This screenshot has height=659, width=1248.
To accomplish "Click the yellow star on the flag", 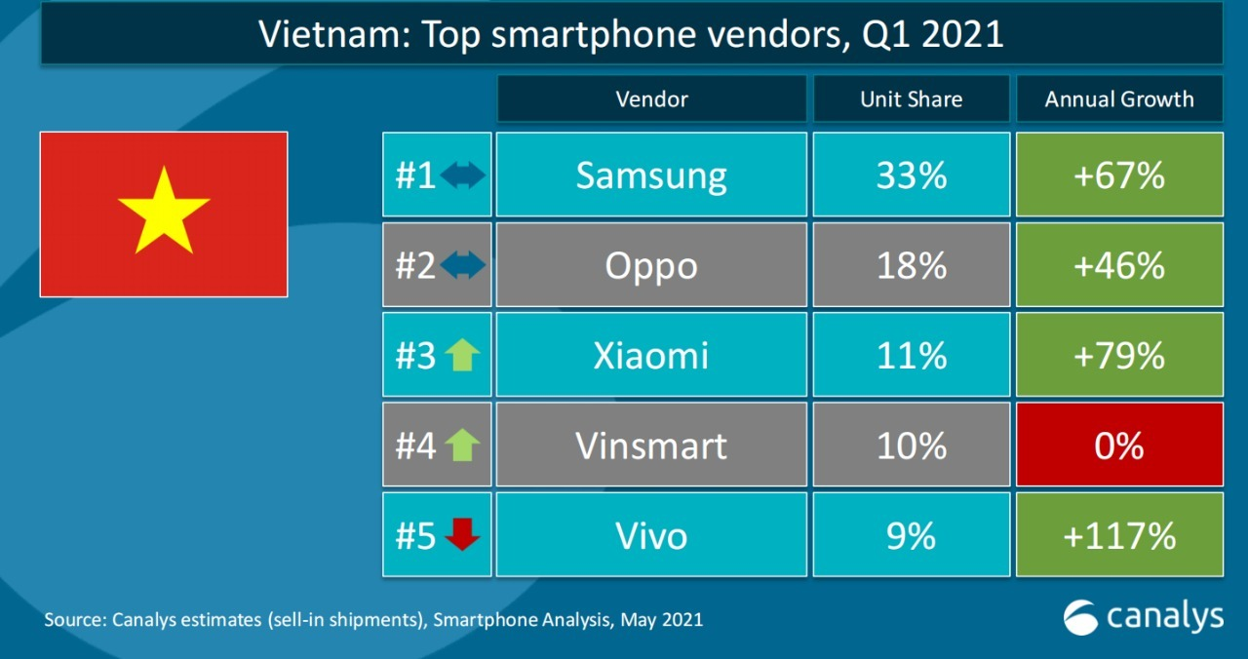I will [x=164, y=210].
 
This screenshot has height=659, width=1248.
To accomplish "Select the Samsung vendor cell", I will [x=651, y=175].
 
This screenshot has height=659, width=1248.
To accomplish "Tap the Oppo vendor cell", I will [x=651, y=265].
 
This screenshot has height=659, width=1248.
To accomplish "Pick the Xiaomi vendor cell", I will [x=651, y=355].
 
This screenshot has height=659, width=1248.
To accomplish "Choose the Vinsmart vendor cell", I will [x=651, y=446].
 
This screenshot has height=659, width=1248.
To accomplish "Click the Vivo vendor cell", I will [x=651, y=535].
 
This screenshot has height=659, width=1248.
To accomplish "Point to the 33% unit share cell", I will [x=912, y=175].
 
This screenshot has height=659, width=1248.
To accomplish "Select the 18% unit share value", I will [x=912, y=265].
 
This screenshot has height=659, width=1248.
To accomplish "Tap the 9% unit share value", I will [x=912, y=535].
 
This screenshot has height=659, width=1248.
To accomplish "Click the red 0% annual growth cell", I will [x=1119, y=446].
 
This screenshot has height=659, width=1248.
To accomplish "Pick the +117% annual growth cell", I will [x=1119, y=535].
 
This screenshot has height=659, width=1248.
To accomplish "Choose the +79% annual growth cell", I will [x=1119, y=355].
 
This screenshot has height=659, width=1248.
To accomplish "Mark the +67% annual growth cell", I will [x=1119, y=175].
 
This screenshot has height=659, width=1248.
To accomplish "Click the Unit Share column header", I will [x=912, y=99].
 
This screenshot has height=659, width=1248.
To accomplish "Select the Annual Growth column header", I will [x=1119, y=99].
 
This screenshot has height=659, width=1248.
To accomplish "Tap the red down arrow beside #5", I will [x=462, y=535].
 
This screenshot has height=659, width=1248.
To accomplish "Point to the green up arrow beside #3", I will [x=462, y=356].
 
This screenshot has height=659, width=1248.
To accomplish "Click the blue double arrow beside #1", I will [x=462, y=176].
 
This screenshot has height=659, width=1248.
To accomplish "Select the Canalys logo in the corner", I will [x=1143, y=616].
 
